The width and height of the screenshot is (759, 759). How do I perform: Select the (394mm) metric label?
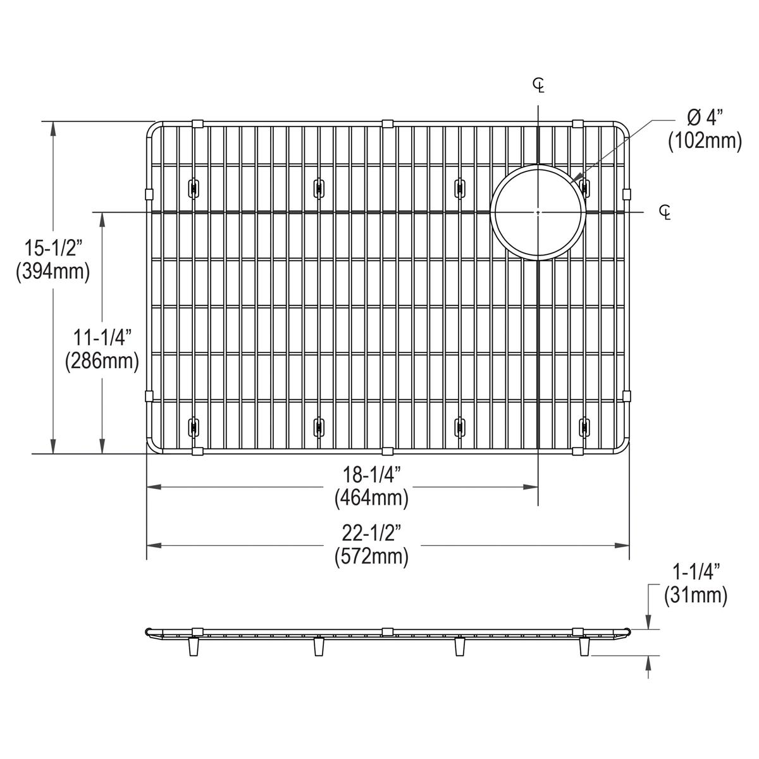52,271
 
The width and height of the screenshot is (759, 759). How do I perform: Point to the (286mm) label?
101,361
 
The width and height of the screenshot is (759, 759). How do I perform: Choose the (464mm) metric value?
371,498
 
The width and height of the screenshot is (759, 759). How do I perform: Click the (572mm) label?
371,557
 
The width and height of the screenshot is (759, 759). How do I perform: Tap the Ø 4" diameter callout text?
704,117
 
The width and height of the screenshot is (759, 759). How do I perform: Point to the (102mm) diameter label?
705,141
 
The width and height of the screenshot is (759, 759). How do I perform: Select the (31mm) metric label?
695,595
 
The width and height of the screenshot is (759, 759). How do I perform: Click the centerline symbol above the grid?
538,84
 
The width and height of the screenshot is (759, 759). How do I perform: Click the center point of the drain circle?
538,211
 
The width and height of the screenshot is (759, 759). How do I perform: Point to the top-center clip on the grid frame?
388,122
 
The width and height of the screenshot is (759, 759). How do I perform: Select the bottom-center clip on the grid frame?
388,451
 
